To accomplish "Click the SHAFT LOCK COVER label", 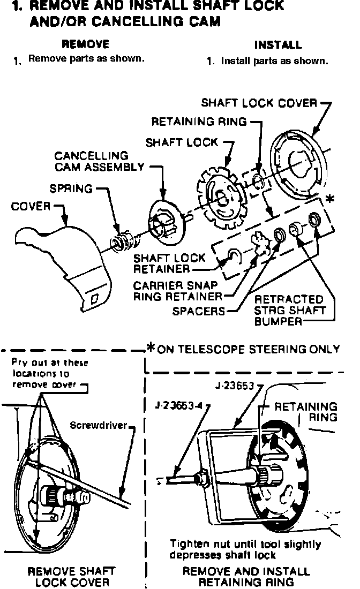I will point(259,102).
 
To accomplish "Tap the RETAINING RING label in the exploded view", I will point(199,122).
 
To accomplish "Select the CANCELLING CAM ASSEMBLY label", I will point(99,161).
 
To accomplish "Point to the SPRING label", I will point(71,188).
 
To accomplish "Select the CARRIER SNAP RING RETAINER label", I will point(177,291).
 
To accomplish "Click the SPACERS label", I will point(199,311).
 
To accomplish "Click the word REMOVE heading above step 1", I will point(86,44).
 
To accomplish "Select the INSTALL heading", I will point(277,45).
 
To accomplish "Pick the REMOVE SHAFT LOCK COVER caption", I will point(72,577).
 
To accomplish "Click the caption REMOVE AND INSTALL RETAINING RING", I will point(246,577).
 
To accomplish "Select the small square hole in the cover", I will point(94,300).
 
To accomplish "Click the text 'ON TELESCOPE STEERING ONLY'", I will point(249,349).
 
